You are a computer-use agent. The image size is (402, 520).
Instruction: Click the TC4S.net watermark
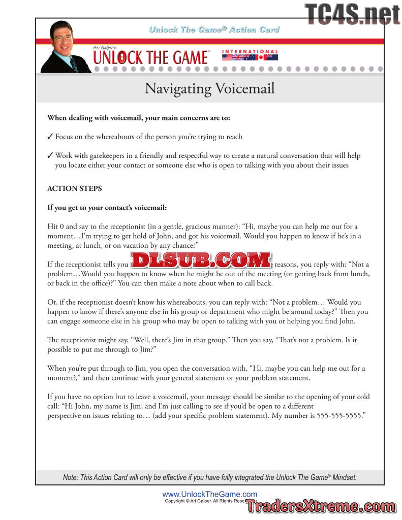352,13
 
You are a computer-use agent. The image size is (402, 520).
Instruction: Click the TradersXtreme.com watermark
320,506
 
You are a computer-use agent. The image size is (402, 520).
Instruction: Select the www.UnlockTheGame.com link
209,494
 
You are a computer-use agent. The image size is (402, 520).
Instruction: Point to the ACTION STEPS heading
74,188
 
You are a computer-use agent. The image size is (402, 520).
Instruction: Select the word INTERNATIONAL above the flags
250,52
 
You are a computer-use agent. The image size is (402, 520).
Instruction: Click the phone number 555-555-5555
338,415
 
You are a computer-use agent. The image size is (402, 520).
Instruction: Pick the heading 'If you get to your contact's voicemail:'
107,208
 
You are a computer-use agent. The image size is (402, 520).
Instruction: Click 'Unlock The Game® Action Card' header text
214,29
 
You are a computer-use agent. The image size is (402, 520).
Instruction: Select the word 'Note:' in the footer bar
71,477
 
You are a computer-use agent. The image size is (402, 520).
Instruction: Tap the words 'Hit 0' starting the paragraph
56,226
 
